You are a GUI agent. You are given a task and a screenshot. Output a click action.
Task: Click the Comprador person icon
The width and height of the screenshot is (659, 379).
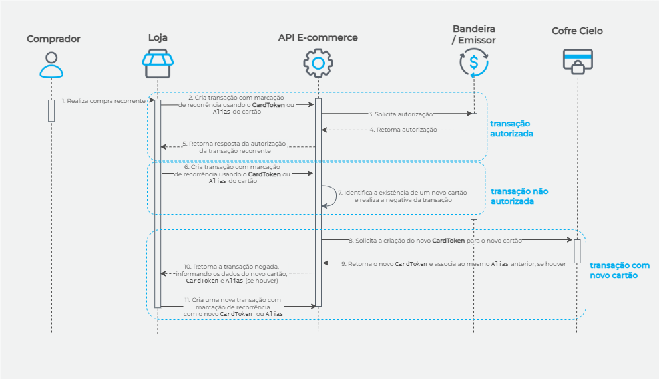tap(51, 64)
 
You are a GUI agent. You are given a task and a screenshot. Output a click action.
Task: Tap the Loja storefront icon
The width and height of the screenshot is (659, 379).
tap(158, 64)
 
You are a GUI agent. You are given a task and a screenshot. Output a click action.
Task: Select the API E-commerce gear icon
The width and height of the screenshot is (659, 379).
tap(318, 64)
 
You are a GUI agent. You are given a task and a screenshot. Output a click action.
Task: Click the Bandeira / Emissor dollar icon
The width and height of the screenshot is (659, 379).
tap(473, 63)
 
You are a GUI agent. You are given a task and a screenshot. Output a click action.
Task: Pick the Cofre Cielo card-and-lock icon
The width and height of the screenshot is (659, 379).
tap(577, 63)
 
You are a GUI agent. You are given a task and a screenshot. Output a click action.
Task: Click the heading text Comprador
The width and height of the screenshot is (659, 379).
tap(53, 39)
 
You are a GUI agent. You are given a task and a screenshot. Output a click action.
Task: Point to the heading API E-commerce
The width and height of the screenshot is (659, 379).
tap(318, 38)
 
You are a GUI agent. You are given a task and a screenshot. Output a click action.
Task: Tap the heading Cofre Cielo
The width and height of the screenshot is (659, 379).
tap(578, 31)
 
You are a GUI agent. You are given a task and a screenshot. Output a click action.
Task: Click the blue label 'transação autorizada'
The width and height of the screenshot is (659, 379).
tap(511, 128)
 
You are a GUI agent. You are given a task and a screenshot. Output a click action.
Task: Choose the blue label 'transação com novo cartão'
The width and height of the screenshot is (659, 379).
tap(618, 269)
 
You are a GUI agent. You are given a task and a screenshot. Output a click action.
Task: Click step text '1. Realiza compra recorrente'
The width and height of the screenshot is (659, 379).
tap(104, 100)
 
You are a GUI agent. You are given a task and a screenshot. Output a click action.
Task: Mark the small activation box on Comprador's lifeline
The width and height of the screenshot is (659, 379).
tap(51, 110)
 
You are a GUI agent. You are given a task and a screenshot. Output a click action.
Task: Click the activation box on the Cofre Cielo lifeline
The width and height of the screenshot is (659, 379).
tap(577, 250)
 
